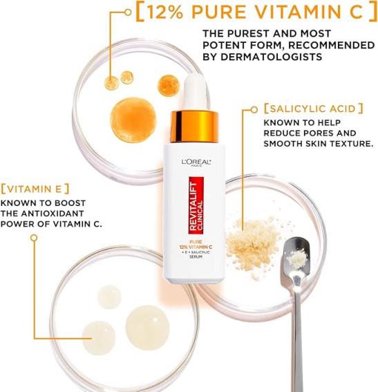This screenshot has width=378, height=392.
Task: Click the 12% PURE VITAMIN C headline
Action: coord(256,12)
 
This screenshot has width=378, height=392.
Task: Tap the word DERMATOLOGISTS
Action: coord(272,57)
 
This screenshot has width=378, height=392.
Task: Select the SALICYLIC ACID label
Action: coord(313,109)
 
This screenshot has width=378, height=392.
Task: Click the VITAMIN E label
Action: coord(35,189)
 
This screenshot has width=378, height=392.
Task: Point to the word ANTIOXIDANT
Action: coord(53,214)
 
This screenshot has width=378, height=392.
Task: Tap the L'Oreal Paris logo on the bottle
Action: coord(196,162)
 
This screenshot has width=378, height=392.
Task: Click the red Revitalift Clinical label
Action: coord(196,204)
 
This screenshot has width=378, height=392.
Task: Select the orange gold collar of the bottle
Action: coord(194,127)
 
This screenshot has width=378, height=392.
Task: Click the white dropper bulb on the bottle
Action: coord(195,93)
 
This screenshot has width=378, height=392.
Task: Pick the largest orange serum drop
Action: coord(133,120)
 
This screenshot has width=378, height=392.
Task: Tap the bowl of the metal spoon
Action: coord(295,256)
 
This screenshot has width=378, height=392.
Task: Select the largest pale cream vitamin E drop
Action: coord(147,328)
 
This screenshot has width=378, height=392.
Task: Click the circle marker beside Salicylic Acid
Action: coord(254,109)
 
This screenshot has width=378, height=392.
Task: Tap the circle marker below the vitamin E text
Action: coord(34,238)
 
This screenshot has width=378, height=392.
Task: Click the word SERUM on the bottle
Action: coord(196,256)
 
